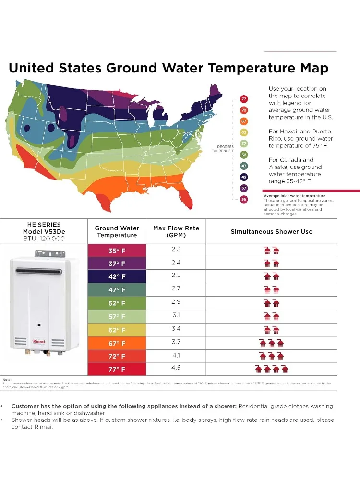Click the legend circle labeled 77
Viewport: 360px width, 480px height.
point(244,99)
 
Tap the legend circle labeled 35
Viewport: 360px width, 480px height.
point(244,199)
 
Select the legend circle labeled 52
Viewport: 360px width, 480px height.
point(244,155)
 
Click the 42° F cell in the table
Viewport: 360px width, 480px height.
point(117,276)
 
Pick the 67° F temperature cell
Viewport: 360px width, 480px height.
point(117,343)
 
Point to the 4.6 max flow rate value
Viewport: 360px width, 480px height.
point(176,368)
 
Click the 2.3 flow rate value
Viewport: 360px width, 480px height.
point(176,249)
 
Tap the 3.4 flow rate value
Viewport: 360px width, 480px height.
point(176,329)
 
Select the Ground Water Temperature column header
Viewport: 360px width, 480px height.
point(117,231)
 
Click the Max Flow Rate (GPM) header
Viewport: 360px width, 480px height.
point(176,231)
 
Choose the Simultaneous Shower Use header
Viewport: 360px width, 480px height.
point(271,231)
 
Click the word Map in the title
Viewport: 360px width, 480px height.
point(311,68)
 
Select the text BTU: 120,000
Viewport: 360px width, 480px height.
point(44,238)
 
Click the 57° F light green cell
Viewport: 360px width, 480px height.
point(117,317)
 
